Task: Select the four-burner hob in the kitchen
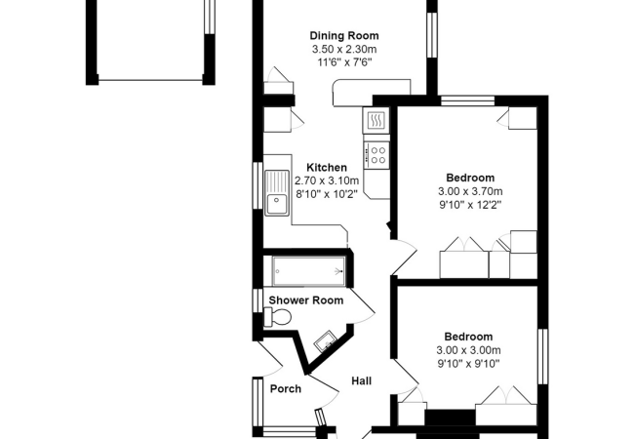376,153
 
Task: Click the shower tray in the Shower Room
304,268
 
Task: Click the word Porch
285,389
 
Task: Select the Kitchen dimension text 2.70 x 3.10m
327,180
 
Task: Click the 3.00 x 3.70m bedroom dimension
468,191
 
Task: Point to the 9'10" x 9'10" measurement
468,364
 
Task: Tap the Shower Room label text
306,300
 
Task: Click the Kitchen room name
327,167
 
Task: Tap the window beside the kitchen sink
258,184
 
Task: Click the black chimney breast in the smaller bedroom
448,419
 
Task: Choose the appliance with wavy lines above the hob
376,120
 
